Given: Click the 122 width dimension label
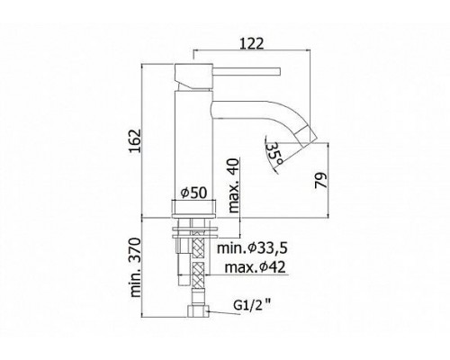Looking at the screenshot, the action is [x=252, y=43].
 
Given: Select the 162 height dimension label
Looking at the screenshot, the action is [x=135, y=141].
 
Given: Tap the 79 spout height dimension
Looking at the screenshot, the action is [x=321, y=180].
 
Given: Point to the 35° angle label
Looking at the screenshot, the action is [x=274, y=153].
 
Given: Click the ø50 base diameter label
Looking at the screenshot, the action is [x=193, y=193].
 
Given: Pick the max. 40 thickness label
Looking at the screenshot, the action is [x=234, y=185].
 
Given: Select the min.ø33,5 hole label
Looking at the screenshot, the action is [x=253, y=248].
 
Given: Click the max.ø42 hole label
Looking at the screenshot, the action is [x=255, y=267].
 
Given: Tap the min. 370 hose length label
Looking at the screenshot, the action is [x=135, y=267].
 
